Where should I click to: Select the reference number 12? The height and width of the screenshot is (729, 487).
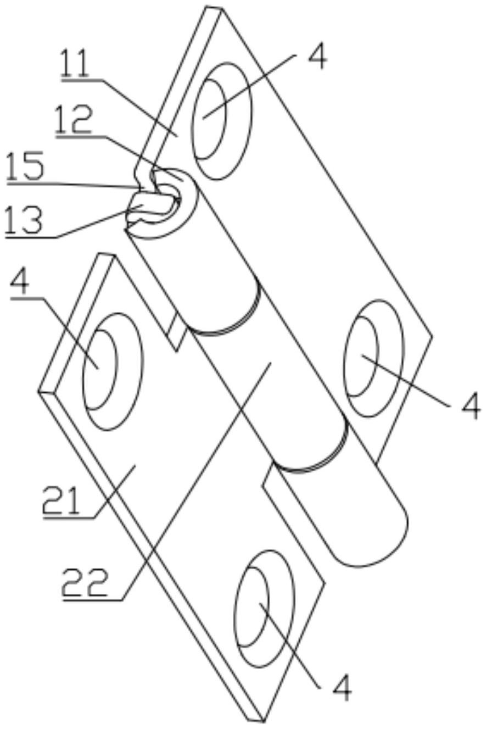click(74, 120)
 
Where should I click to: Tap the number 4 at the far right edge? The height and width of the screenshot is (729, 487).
click(471, 407)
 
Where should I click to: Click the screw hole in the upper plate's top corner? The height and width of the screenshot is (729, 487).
click(222, 120)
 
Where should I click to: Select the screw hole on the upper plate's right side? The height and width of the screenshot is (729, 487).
click(373, 358)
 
